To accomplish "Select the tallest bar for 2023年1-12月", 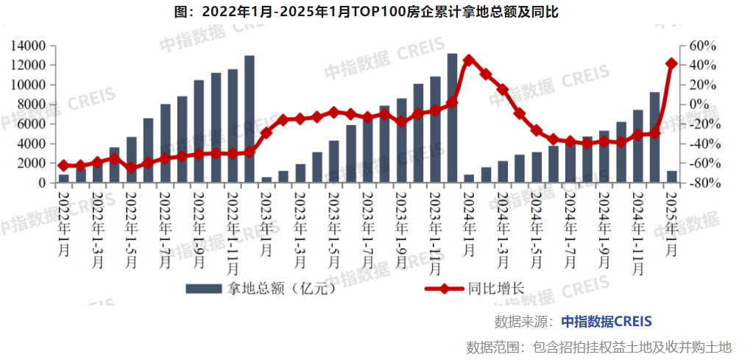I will tap(452, 118).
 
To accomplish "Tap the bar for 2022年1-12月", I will tap(250, 119).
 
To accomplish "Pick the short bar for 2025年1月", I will tap(671, 177).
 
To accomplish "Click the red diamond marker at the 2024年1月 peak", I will tap(469, 60).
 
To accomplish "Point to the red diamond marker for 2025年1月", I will tap(671, 64).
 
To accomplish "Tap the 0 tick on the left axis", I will tap(43, 183).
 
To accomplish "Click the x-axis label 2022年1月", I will tap(64, 221).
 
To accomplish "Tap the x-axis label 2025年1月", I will tap(671, 221).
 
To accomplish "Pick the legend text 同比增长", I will tap(495, 288).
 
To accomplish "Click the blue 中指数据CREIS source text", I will tap(607, 322).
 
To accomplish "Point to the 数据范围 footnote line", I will tap(599, 346).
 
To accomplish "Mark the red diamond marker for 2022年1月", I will tap(63, 166).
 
